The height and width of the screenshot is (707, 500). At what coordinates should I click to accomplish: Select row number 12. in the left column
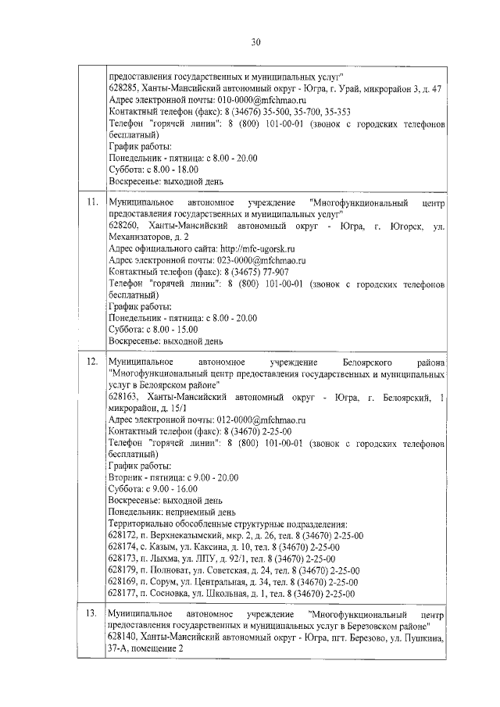92,363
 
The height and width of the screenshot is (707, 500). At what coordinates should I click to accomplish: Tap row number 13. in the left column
92,616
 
